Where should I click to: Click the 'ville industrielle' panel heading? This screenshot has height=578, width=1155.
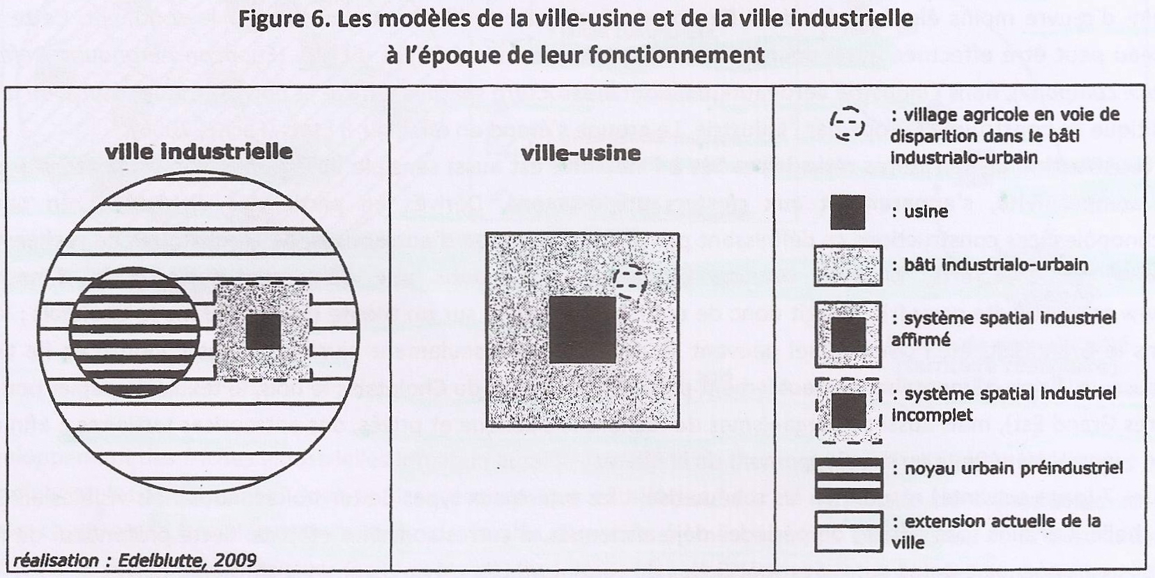tap(199, 151)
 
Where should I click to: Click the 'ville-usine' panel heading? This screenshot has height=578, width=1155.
tap(581, 153)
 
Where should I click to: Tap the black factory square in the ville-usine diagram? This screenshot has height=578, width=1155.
tap(583, 330)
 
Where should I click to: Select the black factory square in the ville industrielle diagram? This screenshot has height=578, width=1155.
tap(263, 332)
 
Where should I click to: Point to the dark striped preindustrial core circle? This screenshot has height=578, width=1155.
tap(134, 333)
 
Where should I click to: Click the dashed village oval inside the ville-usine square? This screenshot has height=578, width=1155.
tap(630, 282)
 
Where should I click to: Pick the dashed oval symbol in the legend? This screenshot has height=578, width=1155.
tap(847, 124)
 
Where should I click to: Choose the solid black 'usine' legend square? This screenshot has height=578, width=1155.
tap(848, 212)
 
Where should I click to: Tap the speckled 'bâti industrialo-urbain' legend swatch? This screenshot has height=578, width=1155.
tap(848, 266)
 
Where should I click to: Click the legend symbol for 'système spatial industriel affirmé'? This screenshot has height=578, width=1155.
tap(848, 335)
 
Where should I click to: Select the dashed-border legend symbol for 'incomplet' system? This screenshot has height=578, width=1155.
tap(849, 411)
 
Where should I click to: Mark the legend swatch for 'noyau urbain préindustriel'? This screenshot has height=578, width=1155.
tap(849, 478)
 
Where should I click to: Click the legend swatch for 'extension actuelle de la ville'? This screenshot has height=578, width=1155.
tap(849, 531)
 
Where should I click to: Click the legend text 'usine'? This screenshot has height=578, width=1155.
tap(926, 212)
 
